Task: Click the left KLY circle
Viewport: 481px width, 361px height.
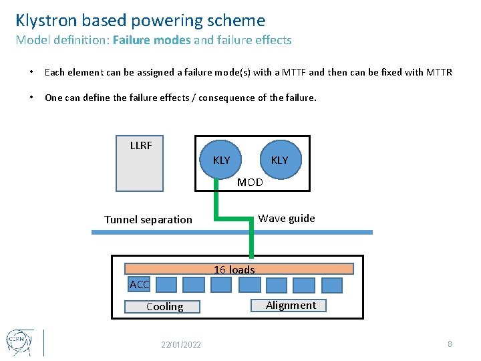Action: pos(221,160)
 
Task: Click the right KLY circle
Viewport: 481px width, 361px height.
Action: pos(279,160)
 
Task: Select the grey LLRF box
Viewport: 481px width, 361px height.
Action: pos(140,164)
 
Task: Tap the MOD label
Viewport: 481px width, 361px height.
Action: pos(251,182)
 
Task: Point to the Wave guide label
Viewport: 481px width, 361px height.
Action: pos(287,218)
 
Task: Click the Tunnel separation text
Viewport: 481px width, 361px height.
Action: pos(148,219)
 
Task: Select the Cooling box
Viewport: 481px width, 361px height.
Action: pos(164,306)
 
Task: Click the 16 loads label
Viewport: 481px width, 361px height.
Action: pos(234,269)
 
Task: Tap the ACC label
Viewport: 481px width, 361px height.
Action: pos(139,285)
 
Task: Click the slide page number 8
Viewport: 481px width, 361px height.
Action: pos(450,344)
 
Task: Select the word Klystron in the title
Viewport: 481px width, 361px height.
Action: pos(46,21)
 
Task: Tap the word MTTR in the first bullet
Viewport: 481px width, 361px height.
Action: pos(438,72)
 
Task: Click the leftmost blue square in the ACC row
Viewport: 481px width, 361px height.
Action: pos(166,285)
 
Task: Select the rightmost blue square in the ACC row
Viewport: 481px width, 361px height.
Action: pos(331,285)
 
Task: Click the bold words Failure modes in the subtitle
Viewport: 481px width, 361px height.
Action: pos(152,40)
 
